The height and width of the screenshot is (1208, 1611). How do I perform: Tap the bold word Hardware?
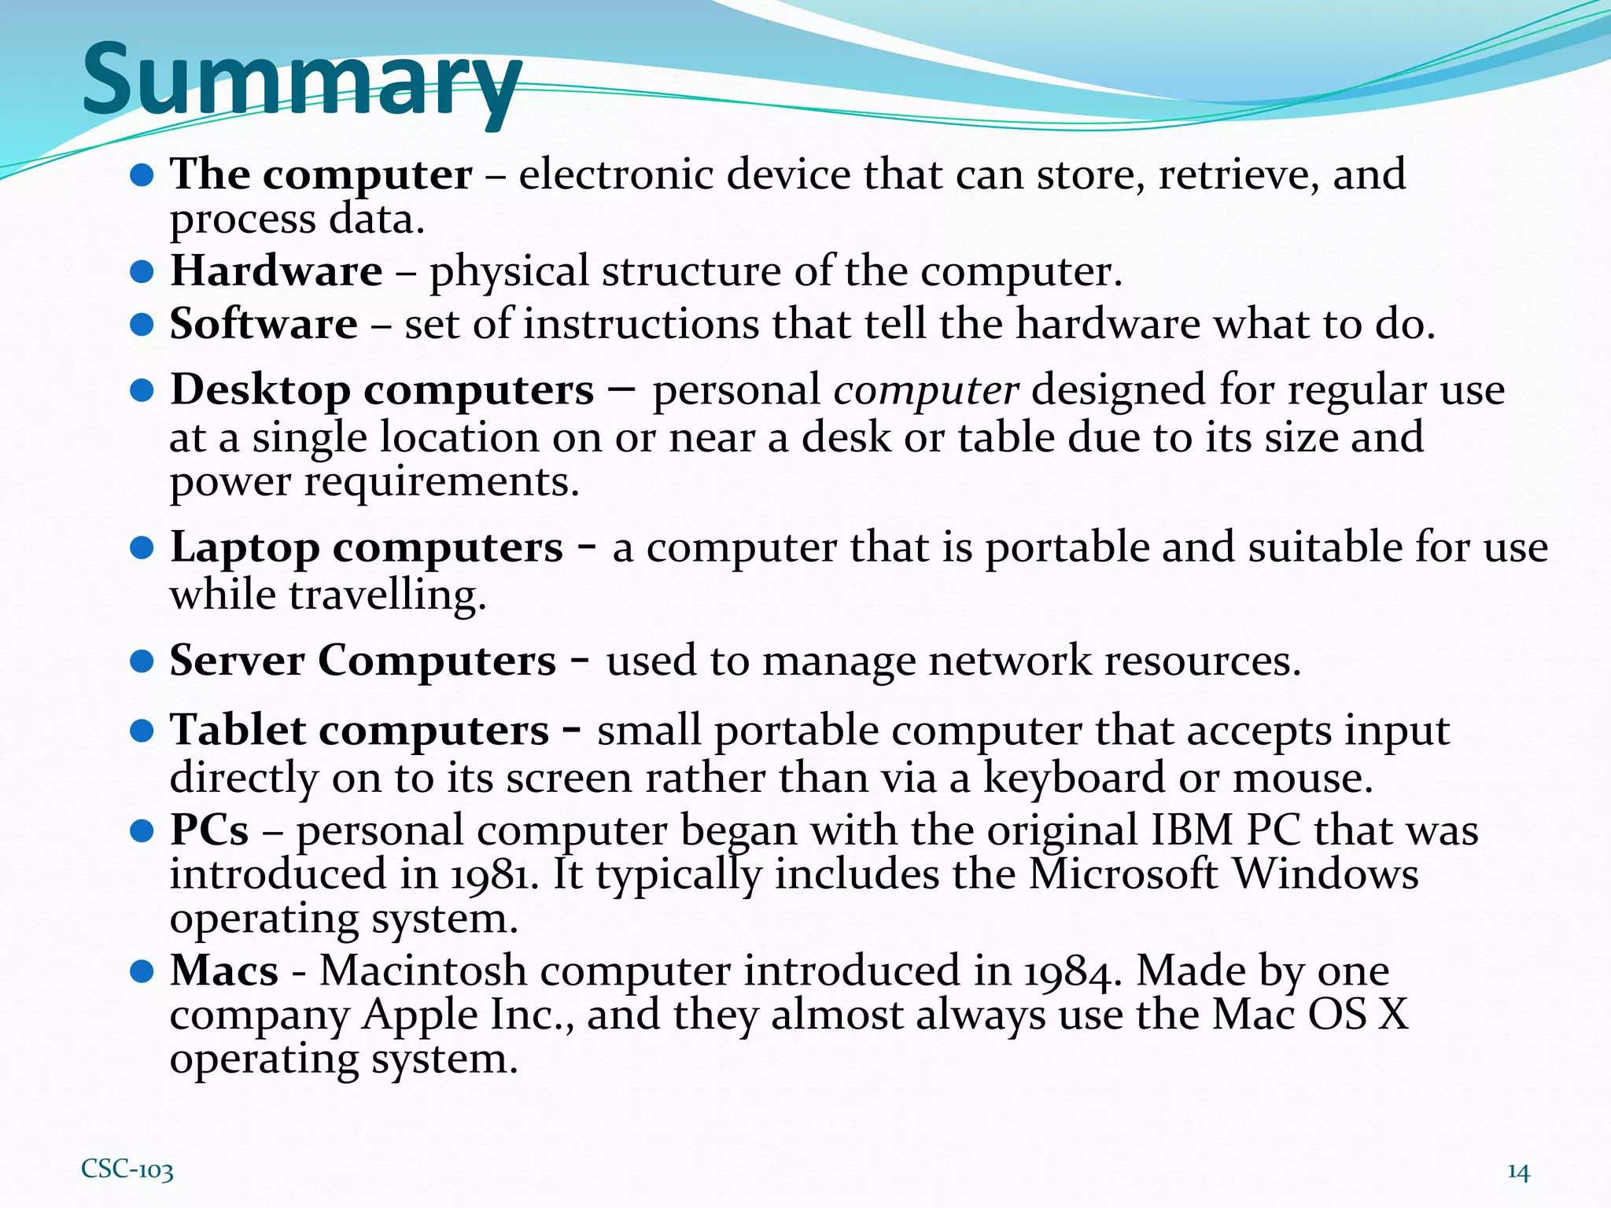(x=276, y=271)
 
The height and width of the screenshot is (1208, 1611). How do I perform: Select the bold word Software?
(x=264, y=324)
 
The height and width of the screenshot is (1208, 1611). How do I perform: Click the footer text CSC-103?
(x=127, y=1169)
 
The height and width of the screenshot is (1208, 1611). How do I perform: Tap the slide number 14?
(x=1518, y=1172)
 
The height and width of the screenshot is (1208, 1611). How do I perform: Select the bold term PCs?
(x=209, y=830)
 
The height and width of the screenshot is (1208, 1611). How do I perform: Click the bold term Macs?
(x=224, y=970)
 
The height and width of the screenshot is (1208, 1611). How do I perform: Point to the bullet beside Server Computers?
(x=141, y=661)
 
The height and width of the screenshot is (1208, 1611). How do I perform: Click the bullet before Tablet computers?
(x=141, y=731)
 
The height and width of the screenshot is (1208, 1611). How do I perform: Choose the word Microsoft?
(x=1124, y=875)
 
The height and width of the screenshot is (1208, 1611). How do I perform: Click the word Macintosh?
(x=423, y=970)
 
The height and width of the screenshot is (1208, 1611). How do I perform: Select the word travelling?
(x=387, y=595)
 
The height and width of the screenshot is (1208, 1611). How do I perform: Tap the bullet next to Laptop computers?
(x=141, y=548)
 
